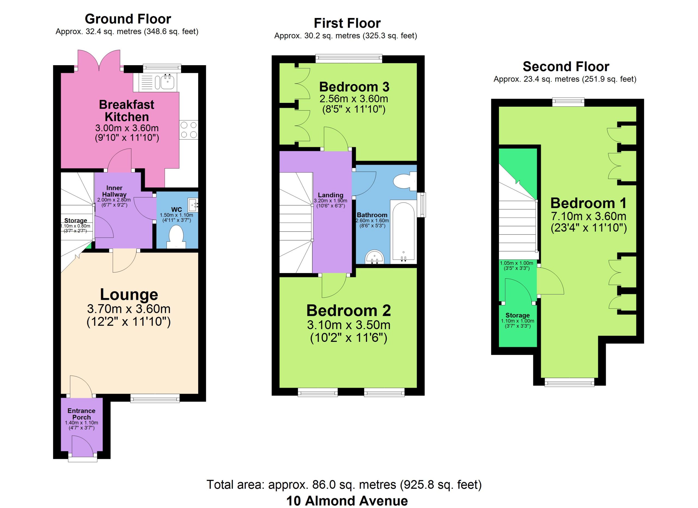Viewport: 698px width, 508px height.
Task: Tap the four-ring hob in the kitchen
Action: (189, 130)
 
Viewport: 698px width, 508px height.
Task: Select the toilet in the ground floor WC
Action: (176, 237)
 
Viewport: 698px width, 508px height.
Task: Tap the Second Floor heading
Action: (566, 67)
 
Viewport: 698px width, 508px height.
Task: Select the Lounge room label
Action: (129, 295)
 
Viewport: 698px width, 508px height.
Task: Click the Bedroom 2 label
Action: (348, 310)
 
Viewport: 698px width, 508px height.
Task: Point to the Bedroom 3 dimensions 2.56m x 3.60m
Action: (354, 99)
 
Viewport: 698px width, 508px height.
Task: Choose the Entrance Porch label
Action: (81, 414)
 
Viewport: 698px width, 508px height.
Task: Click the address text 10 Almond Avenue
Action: (347, 501)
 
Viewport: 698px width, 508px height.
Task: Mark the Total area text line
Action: (344, 485)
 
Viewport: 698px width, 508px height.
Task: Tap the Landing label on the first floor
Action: (330, 195)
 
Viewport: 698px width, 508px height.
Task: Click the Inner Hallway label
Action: (114, 191)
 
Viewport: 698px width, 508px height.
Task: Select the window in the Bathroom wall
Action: (421, 205)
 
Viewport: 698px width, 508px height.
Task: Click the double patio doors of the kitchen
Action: (99, 60)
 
